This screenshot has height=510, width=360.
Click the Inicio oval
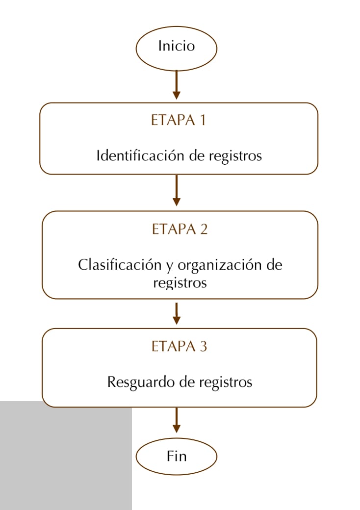176,49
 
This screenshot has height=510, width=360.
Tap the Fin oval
176,457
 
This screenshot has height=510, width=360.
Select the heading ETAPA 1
178,120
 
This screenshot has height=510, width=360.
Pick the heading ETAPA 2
180,229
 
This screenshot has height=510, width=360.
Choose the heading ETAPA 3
179,346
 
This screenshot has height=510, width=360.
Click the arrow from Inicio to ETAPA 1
176,85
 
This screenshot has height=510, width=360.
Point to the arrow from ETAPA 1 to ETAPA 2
176,190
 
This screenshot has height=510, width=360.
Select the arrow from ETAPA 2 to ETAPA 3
176,313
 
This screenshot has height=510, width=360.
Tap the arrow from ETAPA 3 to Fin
176,420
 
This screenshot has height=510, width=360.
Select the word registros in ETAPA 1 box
235,156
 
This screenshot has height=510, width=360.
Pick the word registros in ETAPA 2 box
180,283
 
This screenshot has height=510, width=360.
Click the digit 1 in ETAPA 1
203,120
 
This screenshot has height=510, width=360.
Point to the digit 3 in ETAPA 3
203,346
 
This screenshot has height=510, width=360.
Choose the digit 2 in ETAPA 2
204,229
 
